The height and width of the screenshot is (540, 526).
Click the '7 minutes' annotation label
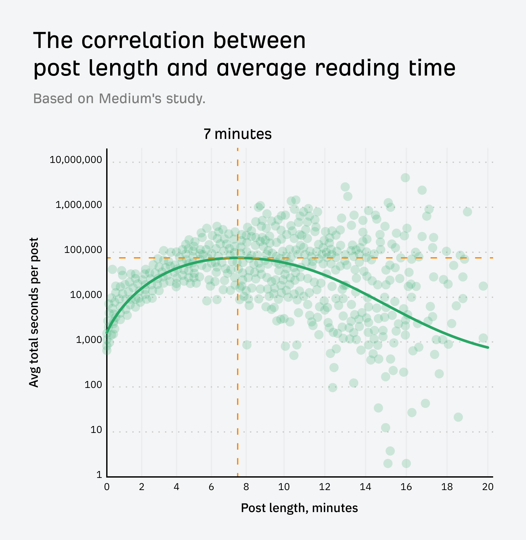(237, 134)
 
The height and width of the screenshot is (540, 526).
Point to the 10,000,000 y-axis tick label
(76, 160)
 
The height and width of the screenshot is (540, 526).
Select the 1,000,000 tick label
(79, 205)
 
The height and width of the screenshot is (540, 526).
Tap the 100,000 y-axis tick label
(83, 250)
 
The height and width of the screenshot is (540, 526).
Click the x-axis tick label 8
(246, 487)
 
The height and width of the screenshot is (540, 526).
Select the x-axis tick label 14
(365, 487)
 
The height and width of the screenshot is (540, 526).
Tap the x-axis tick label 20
(488, 487)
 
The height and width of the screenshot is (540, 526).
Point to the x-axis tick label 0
(107, 487)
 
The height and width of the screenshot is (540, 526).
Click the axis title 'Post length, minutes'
(299, 508)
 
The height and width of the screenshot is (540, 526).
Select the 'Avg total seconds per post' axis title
(34, 312)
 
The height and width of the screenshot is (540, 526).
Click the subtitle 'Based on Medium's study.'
(119, 99)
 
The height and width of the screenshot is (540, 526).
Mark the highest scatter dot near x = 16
(405, 178)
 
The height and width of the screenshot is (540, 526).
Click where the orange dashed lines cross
(237, 258)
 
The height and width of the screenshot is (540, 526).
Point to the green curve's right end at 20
(488, 348)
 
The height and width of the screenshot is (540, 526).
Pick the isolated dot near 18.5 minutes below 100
(458, 417)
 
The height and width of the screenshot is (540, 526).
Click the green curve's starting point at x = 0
(107, 333)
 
